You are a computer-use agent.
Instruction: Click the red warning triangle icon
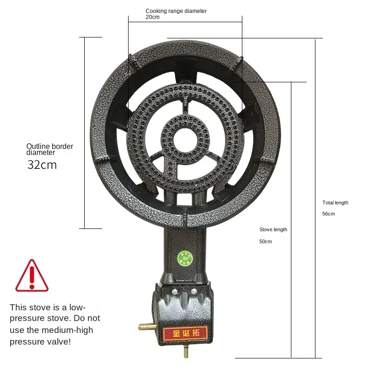click(31, 276)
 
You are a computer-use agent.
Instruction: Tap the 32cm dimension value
click(42, 165)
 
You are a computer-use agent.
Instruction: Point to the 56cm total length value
click(328, 214)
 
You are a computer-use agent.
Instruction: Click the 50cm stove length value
click(265, 241)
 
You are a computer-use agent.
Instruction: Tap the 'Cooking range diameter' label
click(176, 11)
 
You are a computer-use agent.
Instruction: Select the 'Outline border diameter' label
click(49, 149)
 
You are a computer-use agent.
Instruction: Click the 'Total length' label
click(335, 203)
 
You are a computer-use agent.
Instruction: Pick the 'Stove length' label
click(273, 229)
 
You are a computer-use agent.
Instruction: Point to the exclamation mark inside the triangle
click(31, 277)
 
